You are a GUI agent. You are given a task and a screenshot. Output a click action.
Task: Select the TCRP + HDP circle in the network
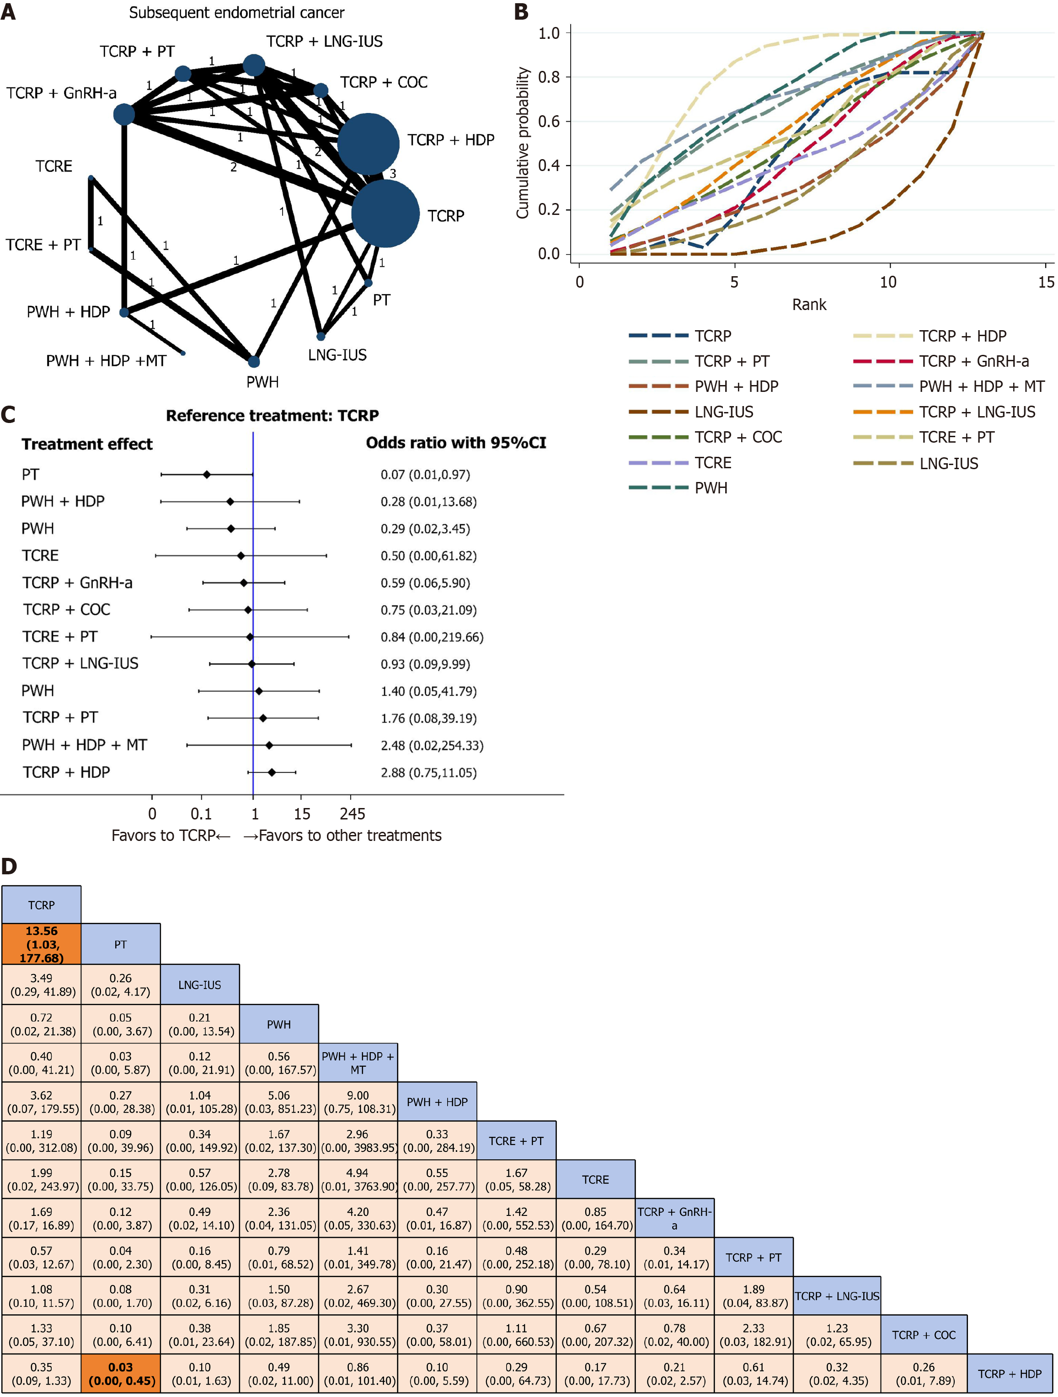click(x=368, y=144)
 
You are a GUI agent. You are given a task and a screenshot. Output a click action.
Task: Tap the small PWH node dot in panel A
click(x=253, y=362)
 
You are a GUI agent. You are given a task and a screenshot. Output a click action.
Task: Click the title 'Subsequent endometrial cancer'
click(x=237, y=13)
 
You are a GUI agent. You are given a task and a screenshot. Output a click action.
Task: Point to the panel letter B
click(x=521, y=12)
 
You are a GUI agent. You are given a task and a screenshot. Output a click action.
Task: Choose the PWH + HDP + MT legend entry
click(x=948, y=386)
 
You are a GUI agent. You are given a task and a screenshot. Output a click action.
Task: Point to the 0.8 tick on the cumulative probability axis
click(x=548, y=77)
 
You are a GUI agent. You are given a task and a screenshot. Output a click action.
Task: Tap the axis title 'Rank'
click(x=809, y=305)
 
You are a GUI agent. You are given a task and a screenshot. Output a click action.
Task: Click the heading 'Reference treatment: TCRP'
click(x=272, y=416)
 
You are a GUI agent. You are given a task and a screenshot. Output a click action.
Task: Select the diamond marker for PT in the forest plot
click(x=207, y=474)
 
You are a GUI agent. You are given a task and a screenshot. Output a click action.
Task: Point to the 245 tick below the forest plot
click(x=353, y=814)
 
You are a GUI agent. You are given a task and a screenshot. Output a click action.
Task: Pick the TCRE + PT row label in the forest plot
click(x=60, y=637)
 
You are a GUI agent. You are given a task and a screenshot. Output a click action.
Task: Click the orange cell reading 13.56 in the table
click(x=41, y=944)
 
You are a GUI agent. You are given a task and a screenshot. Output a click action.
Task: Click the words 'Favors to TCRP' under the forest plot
click(x=164, y=835)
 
